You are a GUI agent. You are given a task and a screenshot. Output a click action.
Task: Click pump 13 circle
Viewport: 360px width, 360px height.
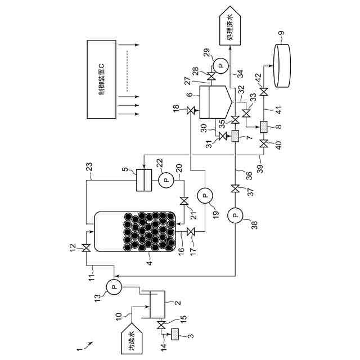tap(114, 287)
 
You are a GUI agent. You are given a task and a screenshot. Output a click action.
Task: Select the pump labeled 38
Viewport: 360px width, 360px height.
tap(235, 215)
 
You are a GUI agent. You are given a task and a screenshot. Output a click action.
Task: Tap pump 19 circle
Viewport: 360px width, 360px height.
tap(205, 196)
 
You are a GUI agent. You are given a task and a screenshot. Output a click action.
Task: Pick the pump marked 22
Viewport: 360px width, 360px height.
tap(166, 180)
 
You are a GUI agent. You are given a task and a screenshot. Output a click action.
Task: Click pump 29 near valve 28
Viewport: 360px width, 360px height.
tap(220, 66)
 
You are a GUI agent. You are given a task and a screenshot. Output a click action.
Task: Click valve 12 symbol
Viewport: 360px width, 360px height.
tap(86, 248)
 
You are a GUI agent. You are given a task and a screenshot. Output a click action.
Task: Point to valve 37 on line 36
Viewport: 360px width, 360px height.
tap(235, 190)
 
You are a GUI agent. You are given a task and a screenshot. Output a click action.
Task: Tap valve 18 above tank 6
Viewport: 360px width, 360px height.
tap(190, 111)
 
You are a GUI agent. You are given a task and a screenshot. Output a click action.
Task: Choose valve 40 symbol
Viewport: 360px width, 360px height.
tap(264, 144)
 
